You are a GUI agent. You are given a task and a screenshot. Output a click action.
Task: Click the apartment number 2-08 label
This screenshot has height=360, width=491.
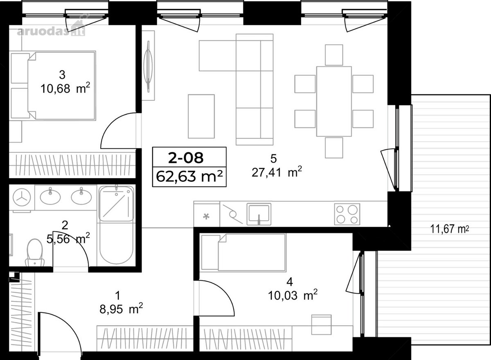(x=186, y=158)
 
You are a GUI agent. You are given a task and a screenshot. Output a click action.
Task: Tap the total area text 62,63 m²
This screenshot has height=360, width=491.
(x=189, y=177)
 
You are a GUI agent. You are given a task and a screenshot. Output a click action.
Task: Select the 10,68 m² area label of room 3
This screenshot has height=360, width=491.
(x=65, y=88)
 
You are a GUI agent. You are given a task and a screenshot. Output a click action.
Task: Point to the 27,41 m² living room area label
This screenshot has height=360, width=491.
(x=277, y=172)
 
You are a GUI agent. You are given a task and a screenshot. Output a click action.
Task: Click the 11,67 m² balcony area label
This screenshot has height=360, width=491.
(x=450, y=229)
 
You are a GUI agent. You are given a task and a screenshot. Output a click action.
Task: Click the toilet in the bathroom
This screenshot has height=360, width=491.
(x=35, y=253)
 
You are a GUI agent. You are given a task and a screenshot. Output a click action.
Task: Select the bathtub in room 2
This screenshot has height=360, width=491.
(x=116, y=226)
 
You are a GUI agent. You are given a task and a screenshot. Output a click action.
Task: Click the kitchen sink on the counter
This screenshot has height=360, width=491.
(x=259, y=214)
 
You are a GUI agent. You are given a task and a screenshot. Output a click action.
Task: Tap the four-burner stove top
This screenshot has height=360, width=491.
(x=347, y=214)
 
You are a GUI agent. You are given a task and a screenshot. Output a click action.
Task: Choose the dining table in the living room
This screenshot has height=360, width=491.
(x=334, y=101)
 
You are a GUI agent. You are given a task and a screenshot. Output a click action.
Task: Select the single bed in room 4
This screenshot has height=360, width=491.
(x=244, y=252)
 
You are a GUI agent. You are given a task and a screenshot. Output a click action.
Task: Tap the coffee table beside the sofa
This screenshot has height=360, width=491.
(x=201, y=116)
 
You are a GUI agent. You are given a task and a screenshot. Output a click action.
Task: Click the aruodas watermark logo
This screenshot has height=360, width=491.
(x=51, y=29)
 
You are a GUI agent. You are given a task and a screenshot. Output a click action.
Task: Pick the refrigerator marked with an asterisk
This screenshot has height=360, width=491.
(x=207, y=214)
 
